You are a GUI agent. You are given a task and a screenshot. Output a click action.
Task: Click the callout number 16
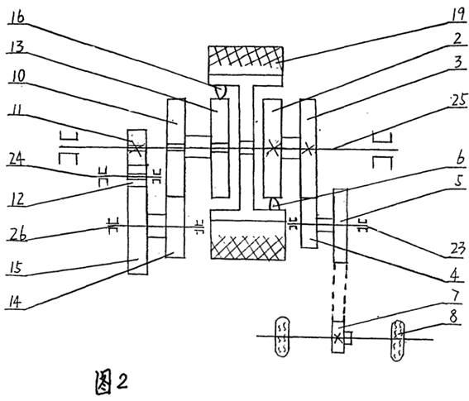pos(17,17)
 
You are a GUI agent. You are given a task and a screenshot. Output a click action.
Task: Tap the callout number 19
pos(457,14)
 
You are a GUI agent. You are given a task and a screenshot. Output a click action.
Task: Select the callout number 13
pos(17,46)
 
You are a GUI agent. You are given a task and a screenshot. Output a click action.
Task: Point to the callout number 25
pos(459,101)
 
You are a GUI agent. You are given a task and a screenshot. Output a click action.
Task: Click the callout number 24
pos(17,159)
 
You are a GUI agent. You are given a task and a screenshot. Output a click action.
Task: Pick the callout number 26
pos(17,234)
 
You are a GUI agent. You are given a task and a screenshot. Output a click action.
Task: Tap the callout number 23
pos(457,249)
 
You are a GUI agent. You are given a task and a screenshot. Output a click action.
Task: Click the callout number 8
pos(453,317)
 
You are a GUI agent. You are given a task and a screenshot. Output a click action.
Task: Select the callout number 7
pos(455,296)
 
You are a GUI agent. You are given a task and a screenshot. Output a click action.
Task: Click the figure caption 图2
pos(112,382)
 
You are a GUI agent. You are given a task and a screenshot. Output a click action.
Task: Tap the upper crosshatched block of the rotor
pos(246,56)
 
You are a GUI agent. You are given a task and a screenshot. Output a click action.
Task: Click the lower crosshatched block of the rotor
pos(248,247)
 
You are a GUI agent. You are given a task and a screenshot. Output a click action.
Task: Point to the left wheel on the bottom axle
pos(282,337)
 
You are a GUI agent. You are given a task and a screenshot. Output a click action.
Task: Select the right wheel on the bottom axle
pos(398,341)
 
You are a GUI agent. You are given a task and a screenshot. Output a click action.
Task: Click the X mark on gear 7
pos(338,338)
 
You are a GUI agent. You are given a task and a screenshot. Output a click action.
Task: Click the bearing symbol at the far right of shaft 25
pos(382,150)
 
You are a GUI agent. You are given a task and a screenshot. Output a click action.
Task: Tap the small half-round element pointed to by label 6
pos(275,204)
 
